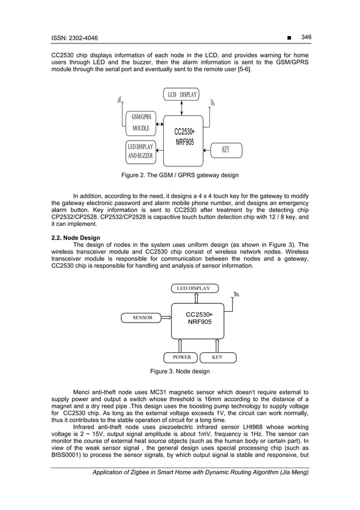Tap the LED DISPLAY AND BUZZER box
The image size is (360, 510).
[141, 151]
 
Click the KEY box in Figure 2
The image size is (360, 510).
[226, 150]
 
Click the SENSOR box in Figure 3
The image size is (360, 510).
[143, 317]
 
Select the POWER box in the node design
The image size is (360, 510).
[181, 357]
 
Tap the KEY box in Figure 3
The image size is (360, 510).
[217, 357]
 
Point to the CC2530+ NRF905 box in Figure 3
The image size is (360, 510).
[199, 318]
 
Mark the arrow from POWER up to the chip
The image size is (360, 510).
[181, 345]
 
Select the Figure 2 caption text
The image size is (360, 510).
[180, 175]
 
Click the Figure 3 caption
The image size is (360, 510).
[180, 372]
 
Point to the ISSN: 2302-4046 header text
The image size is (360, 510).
[74, 37]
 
